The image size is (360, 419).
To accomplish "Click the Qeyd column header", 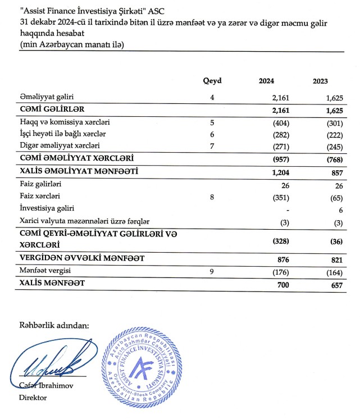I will point(212,81).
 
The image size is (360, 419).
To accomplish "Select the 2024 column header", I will point(266,81).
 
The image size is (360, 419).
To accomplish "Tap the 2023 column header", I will point(320,81).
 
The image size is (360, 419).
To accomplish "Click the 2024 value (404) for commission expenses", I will point(270,122).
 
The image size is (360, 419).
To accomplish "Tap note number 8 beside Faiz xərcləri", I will point(212,197).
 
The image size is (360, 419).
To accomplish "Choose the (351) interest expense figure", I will point(270,197).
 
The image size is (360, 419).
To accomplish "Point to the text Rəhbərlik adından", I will point(54,325).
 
